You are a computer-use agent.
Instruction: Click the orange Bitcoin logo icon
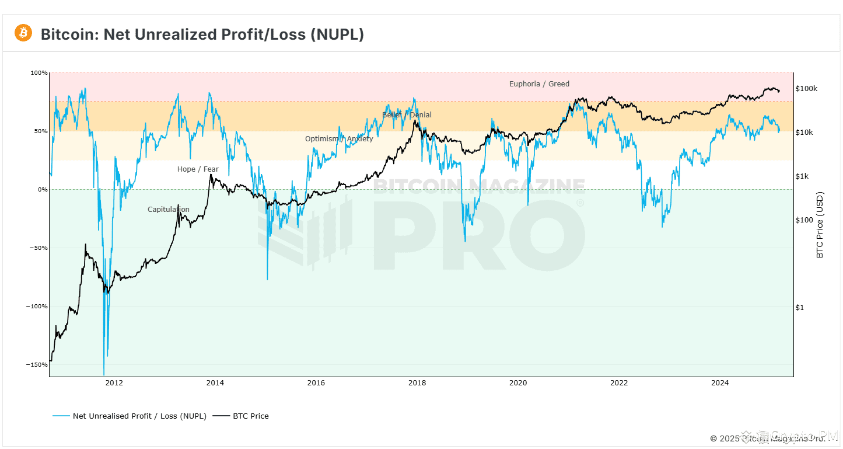[x=23, y=33]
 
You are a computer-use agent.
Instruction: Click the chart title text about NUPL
[x=202, y=34]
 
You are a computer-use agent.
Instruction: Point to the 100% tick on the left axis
[x=39, y=73]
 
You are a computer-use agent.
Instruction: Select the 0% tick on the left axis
[x=43, y=190]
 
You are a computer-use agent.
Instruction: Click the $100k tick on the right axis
[x=806, y=89]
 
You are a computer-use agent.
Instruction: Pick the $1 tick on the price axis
[x=800, y=308]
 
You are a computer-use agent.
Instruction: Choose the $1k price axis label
[x=802, y=176]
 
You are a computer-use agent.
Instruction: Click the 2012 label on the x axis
[x=114, y=383]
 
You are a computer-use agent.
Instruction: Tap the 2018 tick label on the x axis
[x=417, y=383]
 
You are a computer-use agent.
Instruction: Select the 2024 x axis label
[x=720, y=383]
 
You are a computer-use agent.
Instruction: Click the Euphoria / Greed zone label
[x=539, y=84]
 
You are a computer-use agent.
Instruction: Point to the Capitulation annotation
[x=168, y=210]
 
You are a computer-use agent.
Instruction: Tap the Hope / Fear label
[x=198, y=169]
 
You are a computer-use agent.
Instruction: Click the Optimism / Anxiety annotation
[x=339, y=139]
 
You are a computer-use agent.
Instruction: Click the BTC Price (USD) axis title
[x=820, y=225]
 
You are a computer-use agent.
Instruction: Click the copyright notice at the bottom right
[x=767, y=438]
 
